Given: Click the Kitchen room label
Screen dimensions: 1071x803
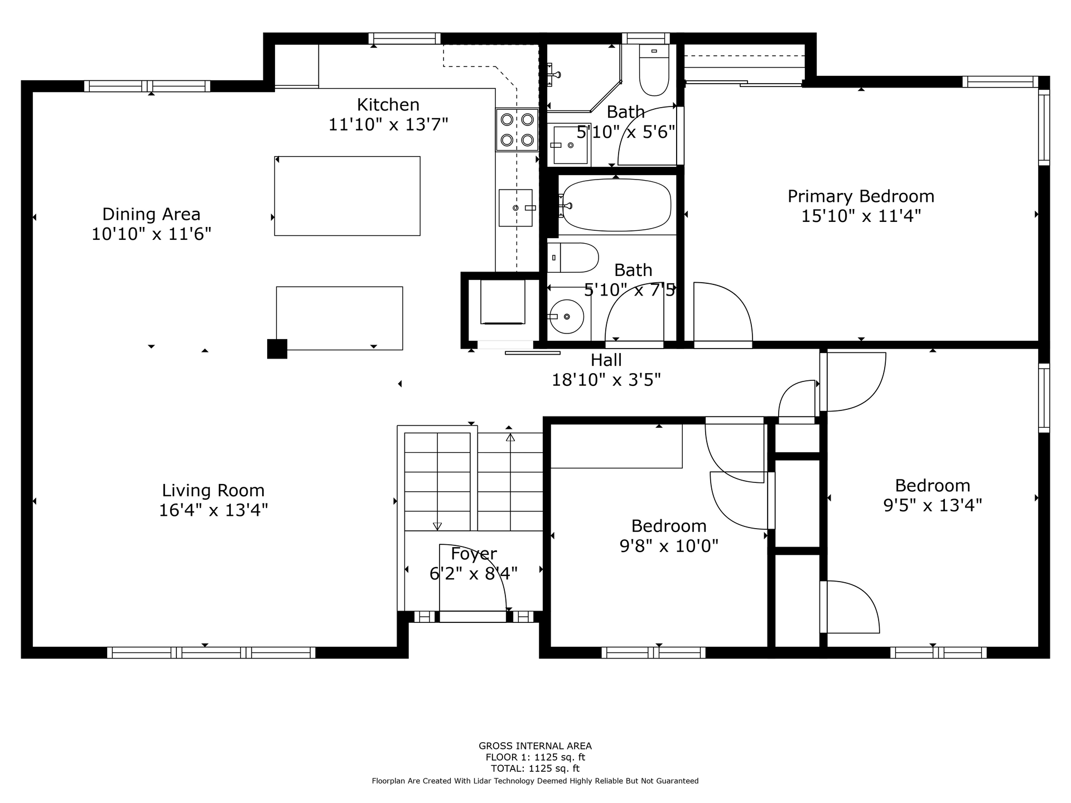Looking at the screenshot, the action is coord(388,105).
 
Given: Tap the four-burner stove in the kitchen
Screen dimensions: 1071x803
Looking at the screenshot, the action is coord(517,129).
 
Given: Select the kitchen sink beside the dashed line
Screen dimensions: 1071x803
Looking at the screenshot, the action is coord(515,207).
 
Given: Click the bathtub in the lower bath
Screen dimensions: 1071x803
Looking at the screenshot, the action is coord(616,205).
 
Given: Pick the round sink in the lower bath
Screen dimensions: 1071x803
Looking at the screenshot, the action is coord(566,316).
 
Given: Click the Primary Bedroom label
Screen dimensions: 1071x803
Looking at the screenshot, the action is coord(861,197).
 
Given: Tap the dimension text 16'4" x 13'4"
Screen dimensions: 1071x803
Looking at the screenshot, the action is coord(214,510).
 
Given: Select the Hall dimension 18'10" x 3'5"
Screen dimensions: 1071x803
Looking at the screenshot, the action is coord(606,380).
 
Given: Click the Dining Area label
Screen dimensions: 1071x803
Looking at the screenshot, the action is coord(151,214).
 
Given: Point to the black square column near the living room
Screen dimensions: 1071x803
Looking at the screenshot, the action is coord(277,349).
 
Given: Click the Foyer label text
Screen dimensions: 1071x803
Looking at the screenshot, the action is coord(474,554).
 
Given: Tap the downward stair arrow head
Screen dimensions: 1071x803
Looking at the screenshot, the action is coord(437,526).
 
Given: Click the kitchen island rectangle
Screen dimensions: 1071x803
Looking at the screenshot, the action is coord(347,196).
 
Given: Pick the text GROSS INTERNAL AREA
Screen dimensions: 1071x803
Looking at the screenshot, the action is coord(535,746).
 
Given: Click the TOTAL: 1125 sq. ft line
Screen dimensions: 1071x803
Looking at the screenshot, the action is coord(535,768).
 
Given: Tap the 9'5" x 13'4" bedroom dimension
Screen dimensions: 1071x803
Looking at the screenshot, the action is coord(933,505).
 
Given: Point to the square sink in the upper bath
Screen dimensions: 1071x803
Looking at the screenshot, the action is coord(570,145).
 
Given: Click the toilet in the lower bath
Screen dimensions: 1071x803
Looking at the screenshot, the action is coord(573,258).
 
